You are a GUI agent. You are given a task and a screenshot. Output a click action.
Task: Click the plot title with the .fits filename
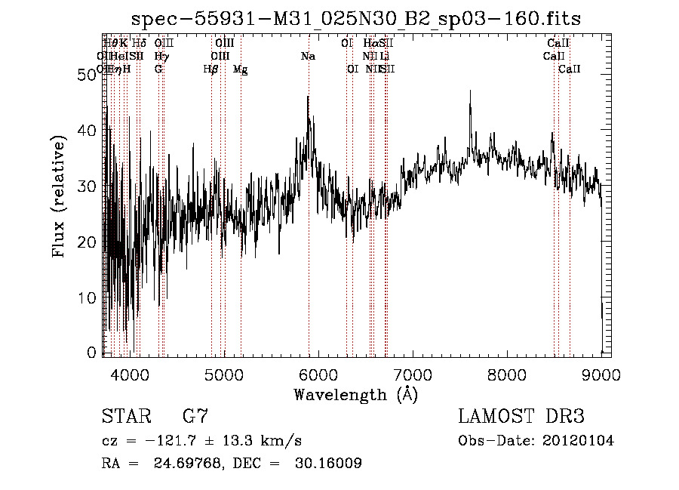pyautogui.click(x=356, y=18)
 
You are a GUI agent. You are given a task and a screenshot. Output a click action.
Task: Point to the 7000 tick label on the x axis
pyautogui.click(x=412, y=374)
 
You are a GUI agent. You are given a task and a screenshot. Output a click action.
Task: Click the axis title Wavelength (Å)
pyautogui.click(x=355, y=394)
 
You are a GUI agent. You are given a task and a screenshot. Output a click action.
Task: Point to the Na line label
pyautogui.click(x=308, y=57)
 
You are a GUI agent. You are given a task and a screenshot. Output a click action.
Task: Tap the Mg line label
pyautogui.click(x=240, y=69)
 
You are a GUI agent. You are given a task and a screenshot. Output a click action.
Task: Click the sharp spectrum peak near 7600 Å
pyautogui.click(x=470, y=92)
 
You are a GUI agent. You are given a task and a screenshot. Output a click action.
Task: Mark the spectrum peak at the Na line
pyautogui.click(x=308, y=97)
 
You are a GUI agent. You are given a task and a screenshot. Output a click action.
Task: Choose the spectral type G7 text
pyautogui.click(x=195, y=417)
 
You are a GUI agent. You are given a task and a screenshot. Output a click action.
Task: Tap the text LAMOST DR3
pyautogui.click(x=521, y=417)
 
